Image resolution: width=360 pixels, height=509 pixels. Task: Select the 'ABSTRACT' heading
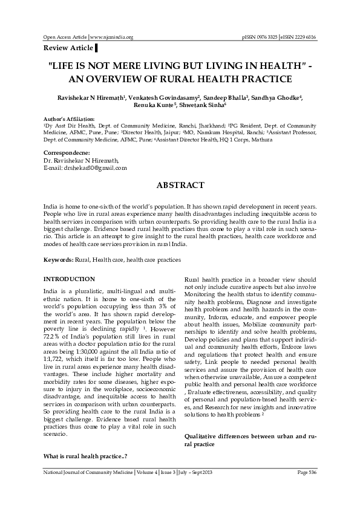[x=180, y=184]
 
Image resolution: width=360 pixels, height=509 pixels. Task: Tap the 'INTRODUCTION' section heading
[x=69, y=279]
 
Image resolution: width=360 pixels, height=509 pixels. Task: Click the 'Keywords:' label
[x=59, y=259]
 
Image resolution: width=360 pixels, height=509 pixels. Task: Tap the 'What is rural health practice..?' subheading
[x=85, y=455]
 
